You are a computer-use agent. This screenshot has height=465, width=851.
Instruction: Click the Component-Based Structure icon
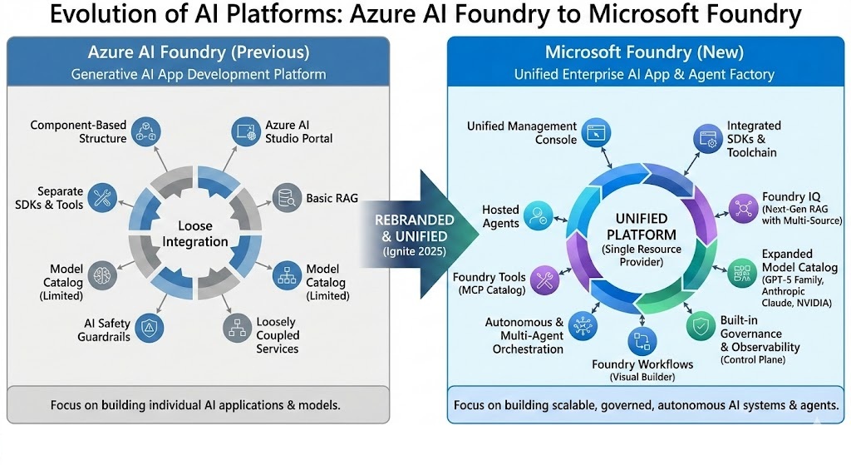[145, 131]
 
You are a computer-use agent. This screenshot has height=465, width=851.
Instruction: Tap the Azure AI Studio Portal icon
[243, 131]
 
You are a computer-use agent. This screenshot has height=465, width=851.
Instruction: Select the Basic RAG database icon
[287, 197]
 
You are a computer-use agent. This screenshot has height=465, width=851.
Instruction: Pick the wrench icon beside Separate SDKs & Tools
[102, 197]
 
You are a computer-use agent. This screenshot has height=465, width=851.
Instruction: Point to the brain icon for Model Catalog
[102, 275]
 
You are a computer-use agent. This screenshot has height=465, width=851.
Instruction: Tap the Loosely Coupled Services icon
[237, 328]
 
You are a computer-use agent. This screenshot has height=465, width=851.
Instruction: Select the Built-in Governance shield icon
[700, 327]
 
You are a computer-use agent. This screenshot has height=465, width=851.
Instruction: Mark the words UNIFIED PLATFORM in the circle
[641, 226]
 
